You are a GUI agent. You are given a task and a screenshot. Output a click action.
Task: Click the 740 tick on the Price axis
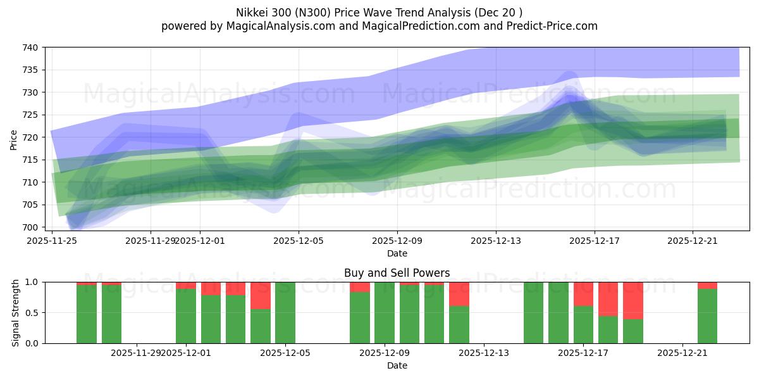click(x=31, y=47)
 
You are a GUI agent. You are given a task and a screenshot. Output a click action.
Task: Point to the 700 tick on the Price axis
click(x=31, y=227)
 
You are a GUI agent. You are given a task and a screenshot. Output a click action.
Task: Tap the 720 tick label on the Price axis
click(x=31, y=137)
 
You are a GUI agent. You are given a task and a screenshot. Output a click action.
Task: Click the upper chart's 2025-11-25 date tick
click(x=51, y=240)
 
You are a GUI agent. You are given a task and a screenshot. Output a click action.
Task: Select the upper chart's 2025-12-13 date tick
click(x=496, y=240)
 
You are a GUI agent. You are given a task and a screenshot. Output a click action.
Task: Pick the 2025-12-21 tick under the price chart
click(x=693, y=240)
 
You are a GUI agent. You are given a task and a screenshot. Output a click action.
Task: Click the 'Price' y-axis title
click(x=13, y=140)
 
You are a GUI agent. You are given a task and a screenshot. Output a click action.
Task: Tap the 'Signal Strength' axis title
click(x=16, y=313)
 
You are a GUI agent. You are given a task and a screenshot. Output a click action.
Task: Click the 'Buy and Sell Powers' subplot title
click(x=397, y=273)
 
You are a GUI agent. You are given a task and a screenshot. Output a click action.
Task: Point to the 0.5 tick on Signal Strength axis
click(x=31, y=313)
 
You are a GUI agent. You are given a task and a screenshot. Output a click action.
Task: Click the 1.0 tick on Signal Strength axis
click(x=31, y=282)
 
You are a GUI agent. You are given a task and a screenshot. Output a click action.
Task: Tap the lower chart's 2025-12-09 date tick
click(x=385, y=353)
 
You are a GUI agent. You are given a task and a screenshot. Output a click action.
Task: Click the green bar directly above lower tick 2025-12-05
click(x=285, y=313)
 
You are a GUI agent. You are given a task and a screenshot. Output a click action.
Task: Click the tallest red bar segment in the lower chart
click(x=632, y=300)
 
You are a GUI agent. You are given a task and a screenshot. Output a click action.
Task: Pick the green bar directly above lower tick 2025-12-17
click(x=583, y=325)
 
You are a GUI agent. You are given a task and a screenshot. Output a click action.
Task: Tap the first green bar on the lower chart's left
click(x=87, y=314)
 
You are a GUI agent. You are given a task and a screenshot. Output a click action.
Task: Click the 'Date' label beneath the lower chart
click(x=397, y=365)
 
